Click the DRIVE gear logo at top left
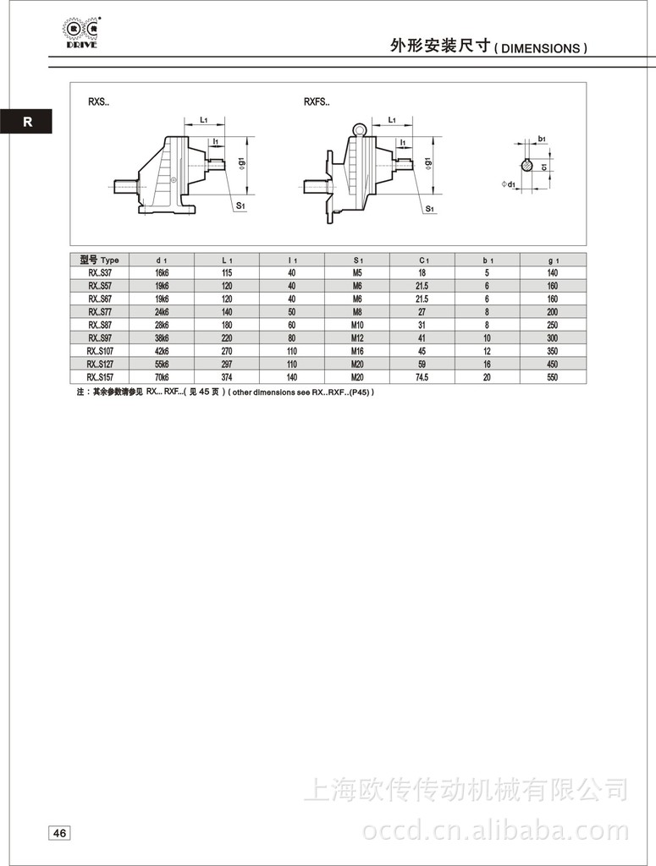(80, 30)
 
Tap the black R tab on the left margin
(27, 122)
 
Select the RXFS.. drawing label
(317, 102)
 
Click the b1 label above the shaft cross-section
(541, 138)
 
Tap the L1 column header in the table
(228, 260)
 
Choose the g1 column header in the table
(554, 260)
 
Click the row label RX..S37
(100, 272)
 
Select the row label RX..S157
(100, 377)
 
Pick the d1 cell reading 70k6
(163, 377)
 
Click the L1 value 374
(228, 377)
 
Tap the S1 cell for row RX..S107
(357, 351)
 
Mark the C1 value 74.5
(422, 377)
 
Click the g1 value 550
(554, 377)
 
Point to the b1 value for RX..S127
(488, 364)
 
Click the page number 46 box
(60, 833)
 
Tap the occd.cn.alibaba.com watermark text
(495, 830)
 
